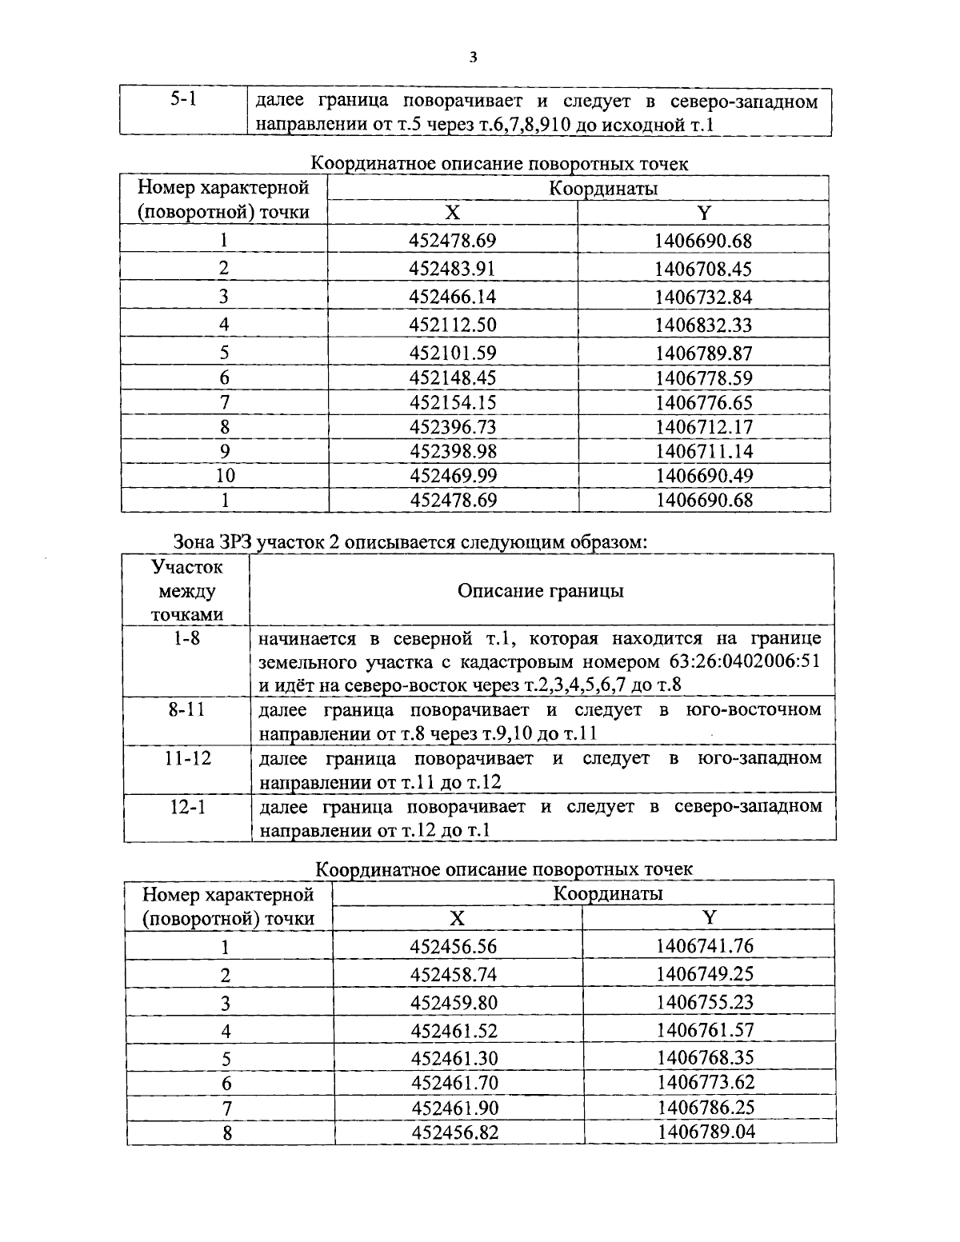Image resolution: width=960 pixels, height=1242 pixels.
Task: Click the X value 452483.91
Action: (452, 269)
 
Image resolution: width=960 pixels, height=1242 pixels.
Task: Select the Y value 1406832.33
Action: (703, 325)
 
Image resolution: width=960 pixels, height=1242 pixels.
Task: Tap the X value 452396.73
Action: (453, 427)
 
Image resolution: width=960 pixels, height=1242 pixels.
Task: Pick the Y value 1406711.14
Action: (703, 451)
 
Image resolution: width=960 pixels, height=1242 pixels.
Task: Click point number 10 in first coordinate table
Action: (225, 476)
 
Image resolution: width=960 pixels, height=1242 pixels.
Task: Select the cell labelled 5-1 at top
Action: (184, 101)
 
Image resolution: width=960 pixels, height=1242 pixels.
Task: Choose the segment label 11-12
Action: (188, 757)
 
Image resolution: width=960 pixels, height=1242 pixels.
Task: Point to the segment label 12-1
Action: (188, 806)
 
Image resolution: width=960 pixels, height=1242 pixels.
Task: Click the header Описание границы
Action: (541, 591)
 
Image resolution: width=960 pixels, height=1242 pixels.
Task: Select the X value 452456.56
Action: (454, 947)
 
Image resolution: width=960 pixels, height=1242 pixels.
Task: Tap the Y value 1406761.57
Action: (705, 1029)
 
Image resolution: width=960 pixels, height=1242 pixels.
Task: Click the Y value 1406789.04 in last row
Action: (706, 1132)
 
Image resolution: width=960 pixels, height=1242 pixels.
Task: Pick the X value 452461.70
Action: (454, 1083)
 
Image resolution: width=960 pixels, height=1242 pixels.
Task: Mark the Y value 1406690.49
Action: (704, 476)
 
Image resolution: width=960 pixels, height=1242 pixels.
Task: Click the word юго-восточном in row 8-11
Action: (754, 710)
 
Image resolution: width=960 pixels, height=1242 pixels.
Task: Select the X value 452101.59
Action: (452, 353)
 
